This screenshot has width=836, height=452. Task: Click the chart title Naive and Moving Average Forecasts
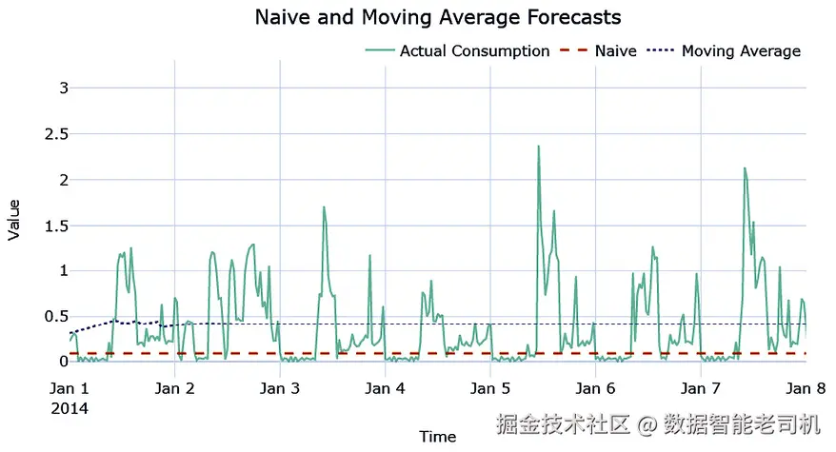[438, 18]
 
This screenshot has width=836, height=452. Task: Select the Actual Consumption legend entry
[474, 51]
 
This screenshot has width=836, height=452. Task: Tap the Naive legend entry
[615, 51]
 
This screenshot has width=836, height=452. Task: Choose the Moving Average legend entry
[741, 51]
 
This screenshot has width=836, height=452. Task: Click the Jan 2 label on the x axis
[174, 389]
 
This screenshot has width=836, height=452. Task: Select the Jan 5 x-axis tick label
[489, 389]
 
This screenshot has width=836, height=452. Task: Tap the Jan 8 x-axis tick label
[806, 389]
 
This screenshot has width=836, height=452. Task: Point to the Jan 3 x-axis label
[279, 389]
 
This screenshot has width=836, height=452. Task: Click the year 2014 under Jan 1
[70, 409]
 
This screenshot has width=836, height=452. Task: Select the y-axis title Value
[14, 219]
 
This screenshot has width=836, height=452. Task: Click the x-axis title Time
[438, 438]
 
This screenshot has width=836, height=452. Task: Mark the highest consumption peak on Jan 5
[538, 147]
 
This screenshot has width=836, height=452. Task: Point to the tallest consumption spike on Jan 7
[745, 168]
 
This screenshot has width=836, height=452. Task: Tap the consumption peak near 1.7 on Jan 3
[324, 207]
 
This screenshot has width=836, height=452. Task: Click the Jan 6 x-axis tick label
[595, 389]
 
